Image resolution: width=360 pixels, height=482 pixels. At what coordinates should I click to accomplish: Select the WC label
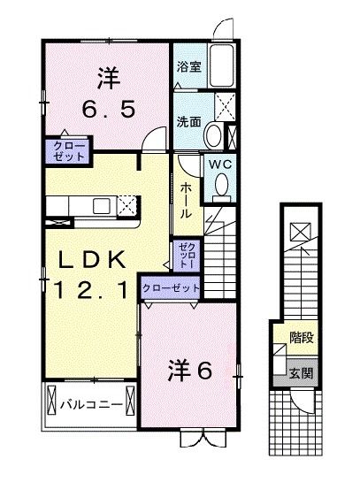[x=218, y=163]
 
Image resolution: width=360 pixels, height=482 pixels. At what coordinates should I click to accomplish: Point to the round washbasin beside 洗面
[x=213, y=134]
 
